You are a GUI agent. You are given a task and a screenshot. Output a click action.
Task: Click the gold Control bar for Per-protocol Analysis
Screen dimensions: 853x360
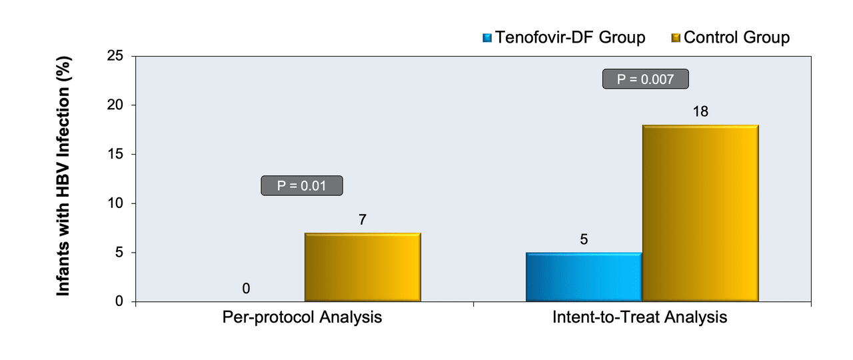tap(363, 267)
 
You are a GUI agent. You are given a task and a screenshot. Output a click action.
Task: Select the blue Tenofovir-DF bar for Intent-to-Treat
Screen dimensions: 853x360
tap(584, 277)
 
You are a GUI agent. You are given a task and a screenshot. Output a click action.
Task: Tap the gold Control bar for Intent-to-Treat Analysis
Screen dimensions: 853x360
tap(700, 213)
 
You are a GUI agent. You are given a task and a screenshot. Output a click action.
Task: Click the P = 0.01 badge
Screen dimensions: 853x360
tap(302, 185)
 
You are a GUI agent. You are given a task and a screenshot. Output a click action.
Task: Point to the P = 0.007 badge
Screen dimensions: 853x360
tap(646, 79)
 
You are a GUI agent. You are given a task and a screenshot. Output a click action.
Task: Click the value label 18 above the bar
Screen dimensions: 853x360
tap(700, 111)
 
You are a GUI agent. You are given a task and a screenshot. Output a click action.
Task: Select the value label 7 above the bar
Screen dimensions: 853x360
tap(363, 219)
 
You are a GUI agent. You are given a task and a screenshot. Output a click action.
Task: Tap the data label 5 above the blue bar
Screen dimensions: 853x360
tap(584, 239)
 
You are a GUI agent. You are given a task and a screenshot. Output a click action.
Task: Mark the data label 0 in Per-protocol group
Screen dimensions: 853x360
tap(246, 289)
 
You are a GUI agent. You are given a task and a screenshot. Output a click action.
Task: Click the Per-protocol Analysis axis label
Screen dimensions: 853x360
tap(302, 317)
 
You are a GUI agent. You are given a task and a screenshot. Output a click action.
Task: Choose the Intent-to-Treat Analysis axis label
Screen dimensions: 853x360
tap(640, 317)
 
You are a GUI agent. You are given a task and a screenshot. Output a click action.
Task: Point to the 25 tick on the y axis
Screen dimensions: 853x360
tap(115, 56)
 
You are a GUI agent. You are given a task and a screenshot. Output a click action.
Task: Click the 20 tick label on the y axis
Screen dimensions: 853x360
tap(115, 105)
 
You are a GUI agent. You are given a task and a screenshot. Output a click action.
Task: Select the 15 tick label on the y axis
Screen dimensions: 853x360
tap(115, 154)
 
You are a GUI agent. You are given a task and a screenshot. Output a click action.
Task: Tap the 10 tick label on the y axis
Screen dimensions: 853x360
tap(115, 203)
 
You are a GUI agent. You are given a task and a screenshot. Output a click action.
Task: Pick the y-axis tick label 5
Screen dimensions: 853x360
tap(119, 252)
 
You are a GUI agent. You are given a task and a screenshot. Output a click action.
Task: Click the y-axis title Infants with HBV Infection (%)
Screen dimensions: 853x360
tap(63, 176)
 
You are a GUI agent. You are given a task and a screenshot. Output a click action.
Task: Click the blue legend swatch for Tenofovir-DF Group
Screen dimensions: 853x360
tap(487, 38)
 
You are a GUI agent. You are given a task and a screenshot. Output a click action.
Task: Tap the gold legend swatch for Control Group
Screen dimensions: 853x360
tap(676, 38)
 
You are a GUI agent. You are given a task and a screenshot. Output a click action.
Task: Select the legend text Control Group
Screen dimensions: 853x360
tap(737, 37)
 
